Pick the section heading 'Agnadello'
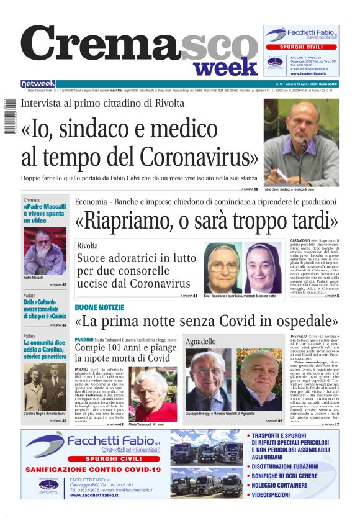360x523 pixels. click(200, 342)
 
